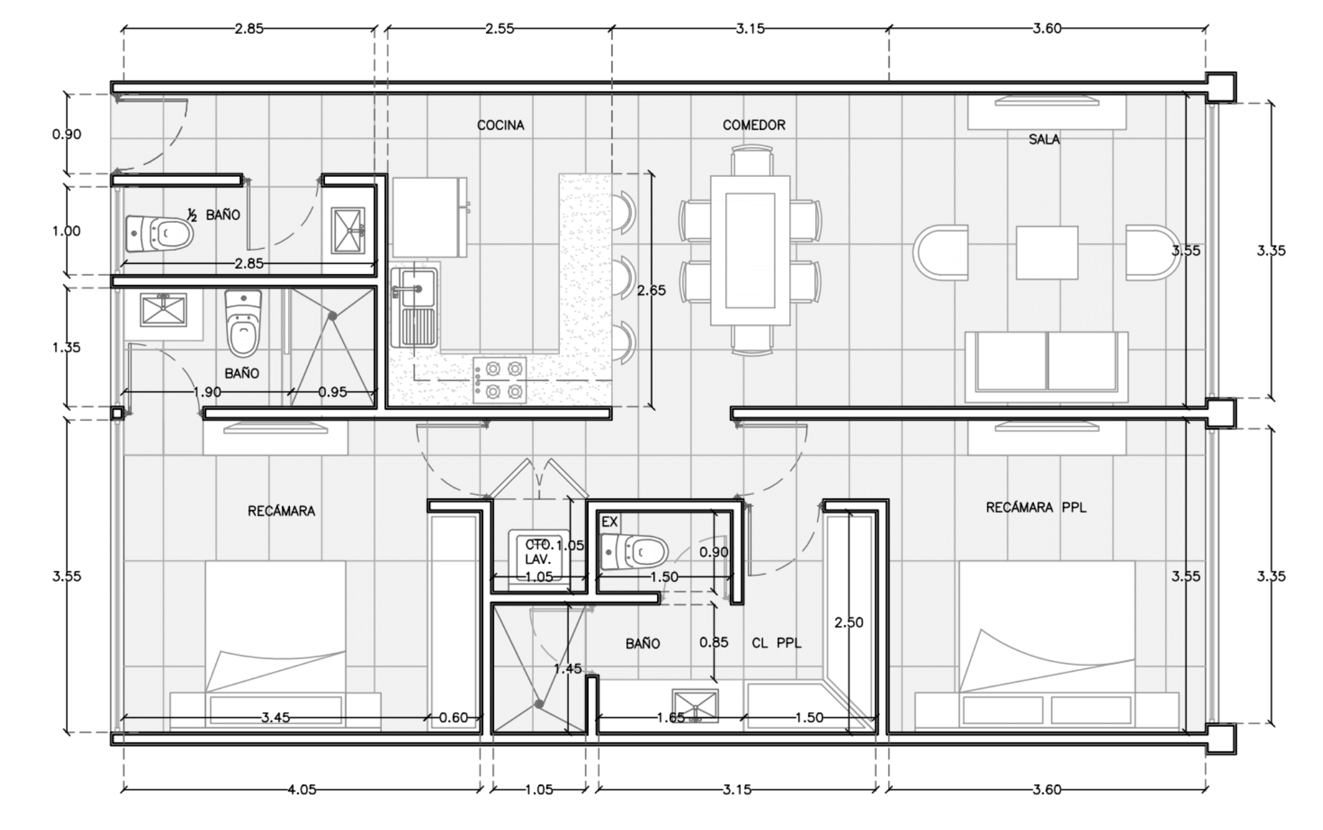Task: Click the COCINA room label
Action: point(501,125)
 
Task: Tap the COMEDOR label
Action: point(754,125)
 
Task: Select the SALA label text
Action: point(1044,139)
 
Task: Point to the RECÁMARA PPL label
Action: point(1036,507)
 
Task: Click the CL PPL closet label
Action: point(777,643)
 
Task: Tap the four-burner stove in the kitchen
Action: point(499,380)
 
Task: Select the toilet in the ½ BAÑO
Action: point(160,234)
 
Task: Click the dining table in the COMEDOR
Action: point(750,251)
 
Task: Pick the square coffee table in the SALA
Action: point(1047,253)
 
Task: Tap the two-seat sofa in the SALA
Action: point(1046,367)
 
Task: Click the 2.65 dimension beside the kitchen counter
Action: point(651,290)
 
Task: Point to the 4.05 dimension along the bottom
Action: point(302,789)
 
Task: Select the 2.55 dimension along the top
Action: point(499,29)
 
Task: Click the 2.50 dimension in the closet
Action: point(849,622)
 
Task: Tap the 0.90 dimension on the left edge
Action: point(66,134)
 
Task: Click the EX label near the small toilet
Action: point(610,522)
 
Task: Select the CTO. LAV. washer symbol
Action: point(539,560)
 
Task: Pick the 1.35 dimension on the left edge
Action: point(66,347)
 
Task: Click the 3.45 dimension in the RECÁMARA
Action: point(275,718)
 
